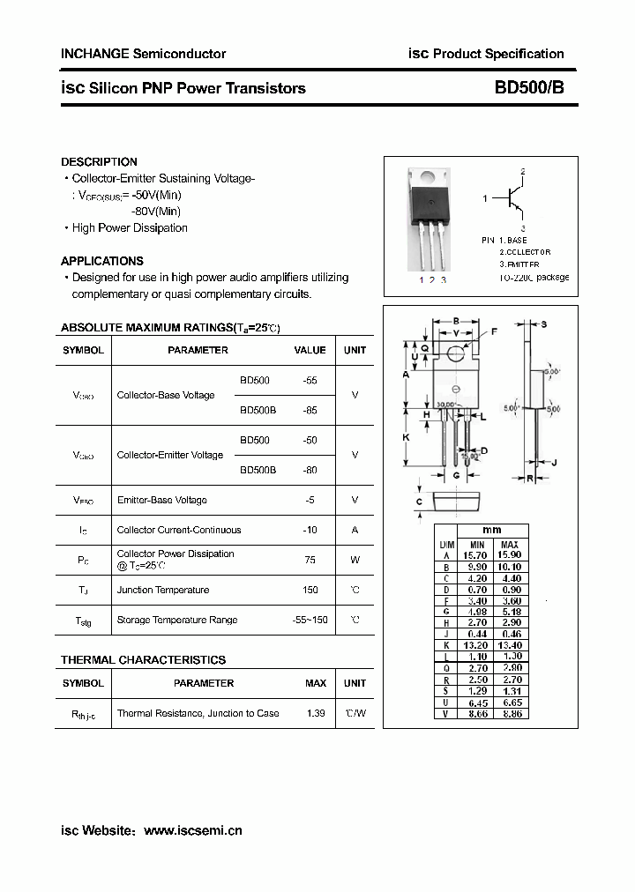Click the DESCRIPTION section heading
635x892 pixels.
pos(99,162)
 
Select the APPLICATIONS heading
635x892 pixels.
pos(101,261)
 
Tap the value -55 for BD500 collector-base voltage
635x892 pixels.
pos(310,381)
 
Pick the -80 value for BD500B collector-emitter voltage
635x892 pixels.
pos(310,471)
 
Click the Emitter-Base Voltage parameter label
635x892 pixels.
pos(162,500)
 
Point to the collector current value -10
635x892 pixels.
pos(310,530)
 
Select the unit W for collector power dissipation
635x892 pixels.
pos(355,559)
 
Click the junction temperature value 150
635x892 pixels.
pos(310,590)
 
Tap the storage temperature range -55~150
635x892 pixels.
pos(310,620)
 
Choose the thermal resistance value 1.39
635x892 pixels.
pos(315,713)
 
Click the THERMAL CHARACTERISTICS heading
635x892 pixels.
pos(143,660)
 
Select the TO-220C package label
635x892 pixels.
pos(534,278)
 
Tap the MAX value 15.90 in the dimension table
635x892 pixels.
pos(509,555)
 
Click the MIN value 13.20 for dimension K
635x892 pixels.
pos(477,645)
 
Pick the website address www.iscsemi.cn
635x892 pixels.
pos(192,830)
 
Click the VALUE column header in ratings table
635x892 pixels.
pos(310,350)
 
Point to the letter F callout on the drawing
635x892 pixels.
pos(494,331)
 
